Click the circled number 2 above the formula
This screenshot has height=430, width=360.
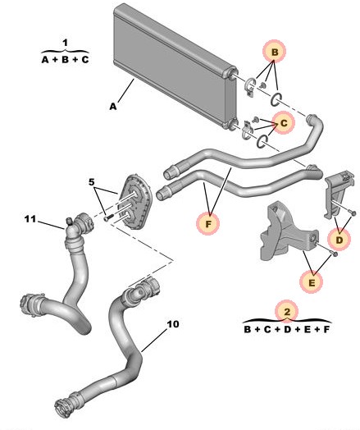tap(286, 312)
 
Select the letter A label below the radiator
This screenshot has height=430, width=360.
tap(113, 106)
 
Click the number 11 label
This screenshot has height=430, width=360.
tap(30, 218)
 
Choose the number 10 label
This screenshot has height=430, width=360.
tap(172, 324)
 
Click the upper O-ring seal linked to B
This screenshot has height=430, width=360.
tap(278, 100)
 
